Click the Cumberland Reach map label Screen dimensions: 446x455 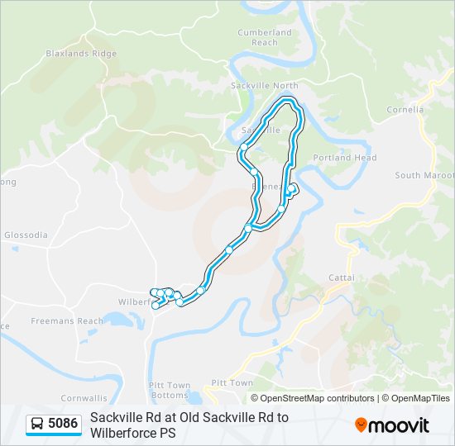tap(265, 37)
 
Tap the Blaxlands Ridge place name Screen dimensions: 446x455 tap(81, 54)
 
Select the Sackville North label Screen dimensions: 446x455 tap(264, 85)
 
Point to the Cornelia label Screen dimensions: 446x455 tap(405, 109)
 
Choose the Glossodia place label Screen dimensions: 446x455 tap(26, 235)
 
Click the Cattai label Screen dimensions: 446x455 tap(341, 278)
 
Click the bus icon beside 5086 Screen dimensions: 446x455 tap(37, 425)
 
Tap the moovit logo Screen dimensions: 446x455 tap(392, 425)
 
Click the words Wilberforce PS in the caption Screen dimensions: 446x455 tap(133, 432)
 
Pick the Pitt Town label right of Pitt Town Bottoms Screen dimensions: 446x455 tap(232, 383)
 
